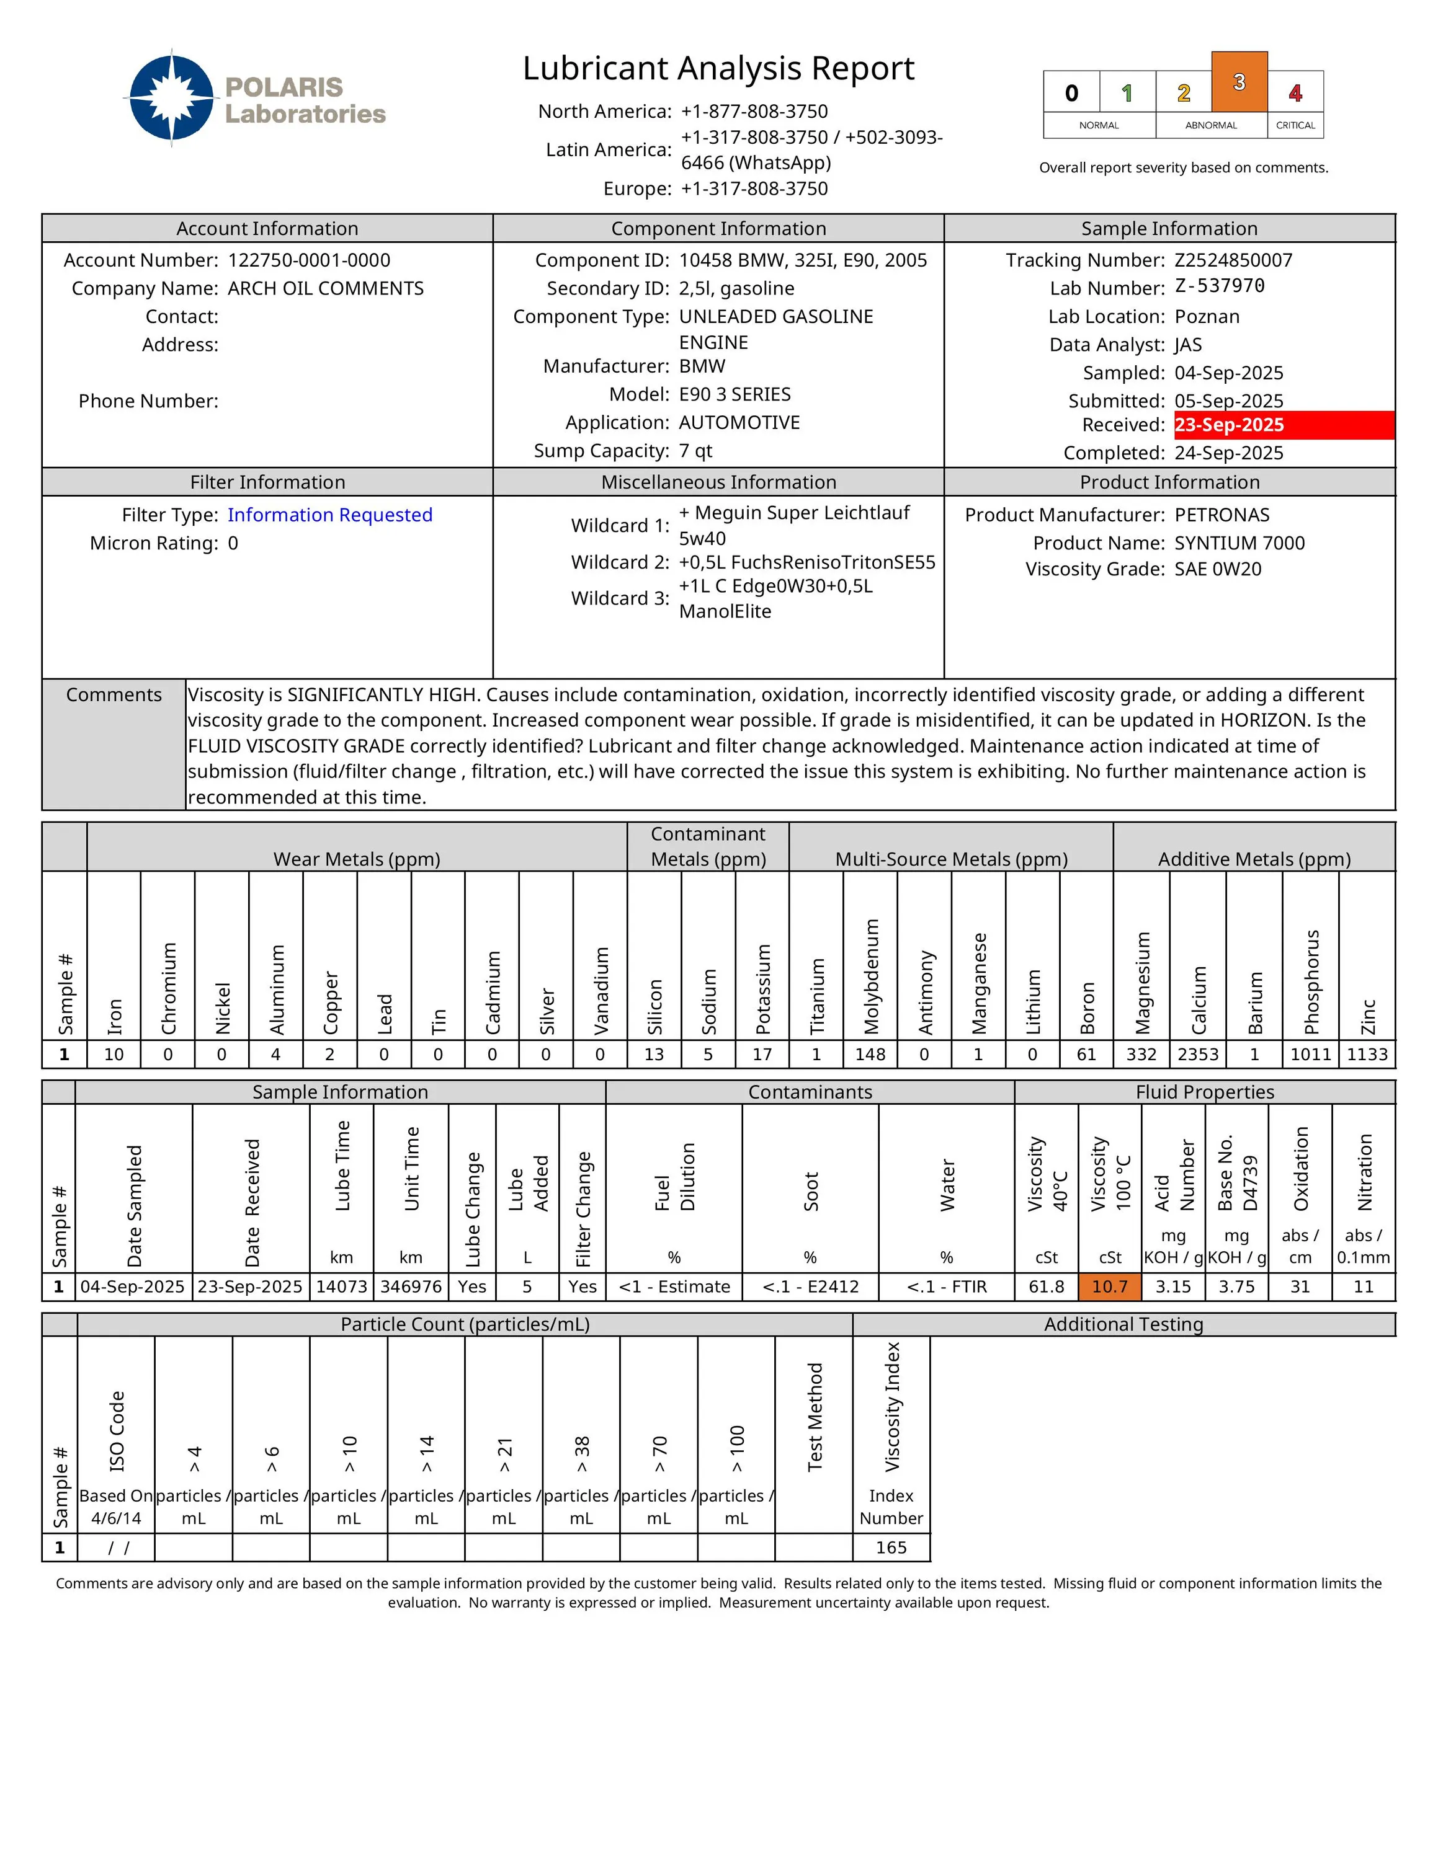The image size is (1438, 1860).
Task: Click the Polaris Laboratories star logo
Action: click(172, 98)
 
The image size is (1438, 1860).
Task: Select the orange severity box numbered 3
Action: click(1239, 82)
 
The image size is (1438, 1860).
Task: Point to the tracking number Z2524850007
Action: click(1233, 260)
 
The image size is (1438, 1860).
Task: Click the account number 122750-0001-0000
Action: click(308, 260)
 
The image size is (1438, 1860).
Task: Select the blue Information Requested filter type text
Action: click(329, 515)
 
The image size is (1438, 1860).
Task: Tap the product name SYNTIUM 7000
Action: click(1239, 543)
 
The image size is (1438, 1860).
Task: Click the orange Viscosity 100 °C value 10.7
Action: click(1109, 1287)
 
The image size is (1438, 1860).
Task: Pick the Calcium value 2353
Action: click(1198, 1055)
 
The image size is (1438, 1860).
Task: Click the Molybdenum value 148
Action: click(870, 1055)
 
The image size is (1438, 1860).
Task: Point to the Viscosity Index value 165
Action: click(891, 1548)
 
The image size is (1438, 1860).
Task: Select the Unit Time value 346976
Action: click(411, 1287)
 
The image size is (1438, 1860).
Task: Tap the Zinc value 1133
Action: click(1367, 1055)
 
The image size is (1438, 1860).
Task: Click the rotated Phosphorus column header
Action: click(1311, 981)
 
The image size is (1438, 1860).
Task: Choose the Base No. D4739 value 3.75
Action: click(1236, 1287)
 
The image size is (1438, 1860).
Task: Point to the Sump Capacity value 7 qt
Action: click(695, 451)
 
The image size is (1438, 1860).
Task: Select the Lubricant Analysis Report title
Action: click(718, 68)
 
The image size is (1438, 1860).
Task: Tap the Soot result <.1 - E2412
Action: click(810, 1287)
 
